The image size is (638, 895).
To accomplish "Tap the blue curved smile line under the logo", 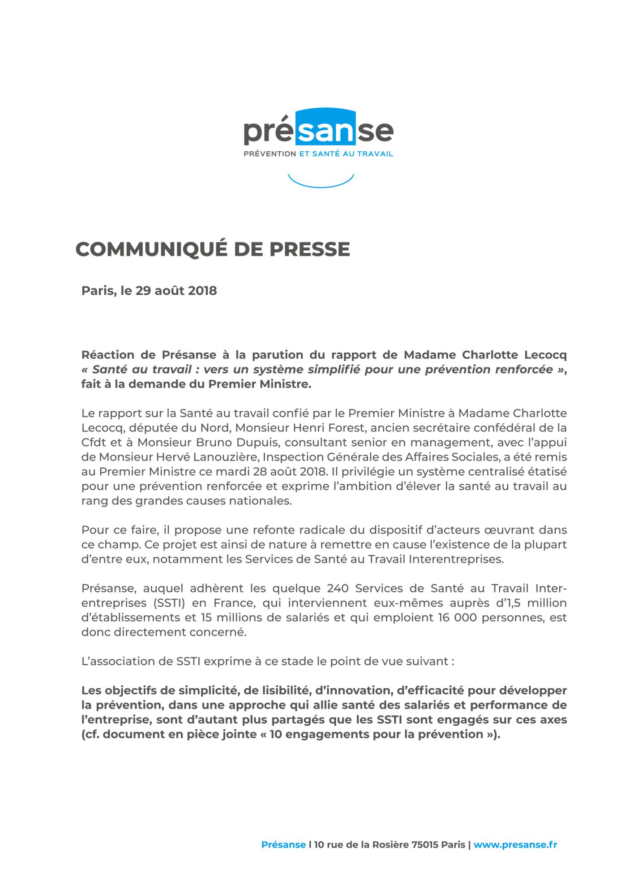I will (x=321, y=183).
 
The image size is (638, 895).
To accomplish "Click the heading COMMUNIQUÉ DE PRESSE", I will (x=212, y=249).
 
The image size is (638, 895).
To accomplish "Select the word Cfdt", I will (x=94, y=443).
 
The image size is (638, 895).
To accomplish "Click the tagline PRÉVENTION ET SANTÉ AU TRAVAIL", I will (x=318, y=154).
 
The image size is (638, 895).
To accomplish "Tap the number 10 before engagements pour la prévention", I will (x=275, y=734).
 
